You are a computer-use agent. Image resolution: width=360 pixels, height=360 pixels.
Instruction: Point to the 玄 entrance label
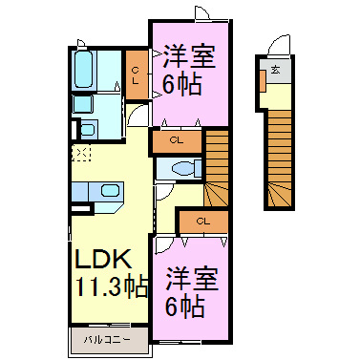[x=275, y=70]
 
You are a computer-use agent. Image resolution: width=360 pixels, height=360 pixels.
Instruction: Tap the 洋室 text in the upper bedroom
[x=188, y=54]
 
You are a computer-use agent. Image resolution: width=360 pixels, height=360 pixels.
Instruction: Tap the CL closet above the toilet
[x=177, y=141]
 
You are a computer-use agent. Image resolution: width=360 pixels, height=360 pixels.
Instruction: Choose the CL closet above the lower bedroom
[x=202, y=222]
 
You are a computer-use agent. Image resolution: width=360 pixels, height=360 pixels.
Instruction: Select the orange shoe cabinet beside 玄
[x=260, y=80]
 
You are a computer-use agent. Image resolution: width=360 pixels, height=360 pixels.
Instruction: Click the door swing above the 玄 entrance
[x=278, y=46]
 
